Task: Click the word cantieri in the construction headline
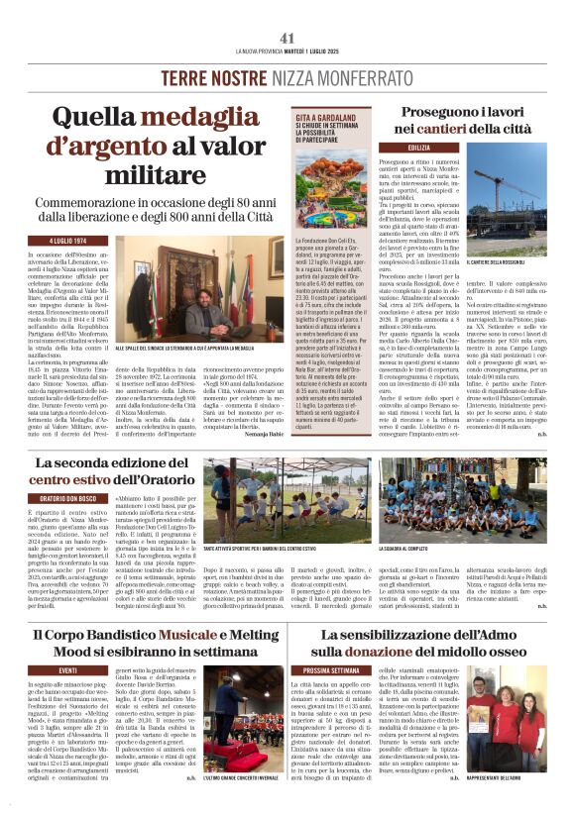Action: (x=446, y=129)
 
